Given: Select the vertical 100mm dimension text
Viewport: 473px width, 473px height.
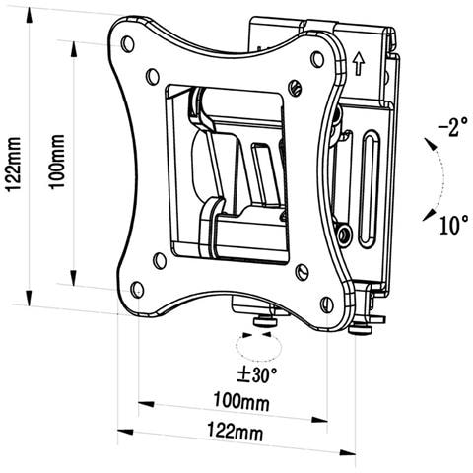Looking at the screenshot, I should click(x=59, y=162).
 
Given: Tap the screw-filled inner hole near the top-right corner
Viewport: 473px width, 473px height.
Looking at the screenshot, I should click(x=294, y=87).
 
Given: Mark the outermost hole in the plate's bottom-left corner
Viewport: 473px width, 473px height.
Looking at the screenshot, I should click(x=137, y=289).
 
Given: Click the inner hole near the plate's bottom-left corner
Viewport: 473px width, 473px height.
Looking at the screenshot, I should click(x=160, y=260).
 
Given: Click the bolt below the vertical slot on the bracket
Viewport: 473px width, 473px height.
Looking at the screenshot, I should click(x=344, y=235).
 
